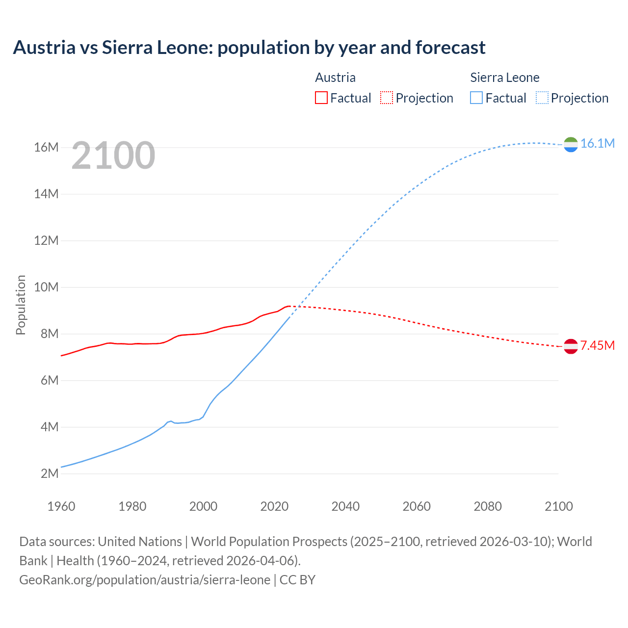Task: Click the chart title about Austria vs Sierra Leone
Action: click(x=249, y=48)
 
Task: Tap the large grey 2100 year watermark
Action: click(x=113, y=156)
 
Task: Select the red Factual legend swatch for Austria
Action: click(x=321, y=98)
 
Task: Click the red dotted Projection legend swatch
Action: click(x=387, y=98)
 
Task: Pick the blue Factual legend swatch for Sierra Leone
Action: click(x=476, y=98)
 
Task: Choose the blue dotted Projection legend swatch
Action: click(x=542, y=98)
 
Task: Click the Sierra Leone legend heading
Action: click(x=504, y=78)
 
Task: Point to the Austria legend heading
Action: click(x=335, y=78)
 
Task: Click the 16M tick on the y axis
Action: click(x=46, y=147)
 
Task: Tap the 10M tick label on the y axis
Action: click(x=46, y=287)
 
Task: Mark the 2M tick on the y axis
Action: click(x=49, y=473)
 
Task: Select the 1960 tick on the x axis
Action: click(x=61, y=506)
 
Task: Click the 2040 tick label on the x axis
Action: click(x=345, y=506)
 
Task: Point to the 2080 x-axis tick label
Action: click(x=488, y=506)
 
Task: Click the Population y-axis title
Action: click(x=21, y=305)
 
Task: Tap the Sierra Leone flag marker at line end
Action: click(x=571, y=144)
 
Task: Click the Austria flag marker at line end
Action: click(x=571, y=346)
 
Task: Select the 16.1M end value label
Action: click(x=598, y=143)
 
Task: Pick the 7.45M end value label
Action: click(x=598, y=345)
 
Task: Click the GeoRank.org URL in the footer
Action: click(x=145, y=579)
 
